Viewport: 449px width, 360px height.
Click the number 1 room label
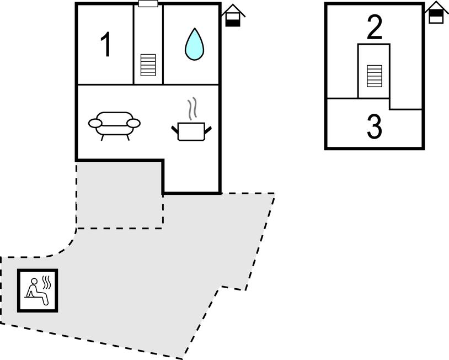[106, 45]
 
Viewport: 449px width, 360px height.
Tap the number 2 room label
[375, 28]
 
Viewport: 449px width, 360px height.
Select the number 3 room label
[374, 126]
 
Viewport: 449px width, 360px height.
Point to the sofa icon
[114, 125]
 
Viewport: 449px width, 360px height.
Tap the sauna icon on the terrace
[38, 290]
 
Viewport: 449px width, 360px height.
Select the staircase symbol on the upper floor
[374, 76]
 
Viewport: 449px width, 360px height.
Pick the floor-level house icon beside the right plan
[436, 13]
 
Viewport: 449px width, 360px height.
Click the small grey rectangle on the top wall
[148, 4]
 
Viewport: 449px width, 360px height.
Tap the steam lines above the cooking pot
[192, 108]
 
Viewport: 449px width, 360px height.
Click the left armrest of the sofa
[95, 123]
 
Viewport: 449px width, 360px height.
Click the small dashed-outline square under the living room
[119, 193]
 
